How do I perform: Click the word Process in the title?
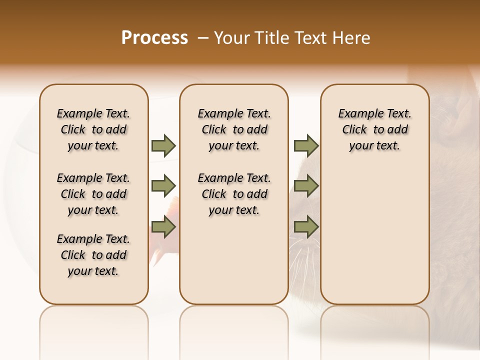154,38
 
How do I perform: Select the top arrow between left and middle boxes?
163,145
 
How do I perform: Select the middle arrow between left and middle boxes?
163,186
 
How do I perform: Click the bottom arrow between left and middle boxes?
163,227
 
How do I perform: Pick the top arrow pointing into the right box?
306,145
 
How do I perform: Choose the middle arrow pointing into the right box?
306,186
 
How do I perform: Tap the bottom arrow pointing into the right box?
306,227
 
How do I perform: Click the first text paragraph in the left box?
93,129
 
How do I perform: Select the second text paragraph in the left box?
93,194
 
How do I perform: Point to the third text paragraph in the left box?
93,255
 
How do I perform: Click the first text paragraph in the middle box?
234,129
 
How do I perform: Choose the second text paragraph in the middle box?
234,194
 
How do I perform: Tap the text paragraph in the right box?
375,129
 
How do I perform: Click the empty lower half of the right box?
375,240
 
